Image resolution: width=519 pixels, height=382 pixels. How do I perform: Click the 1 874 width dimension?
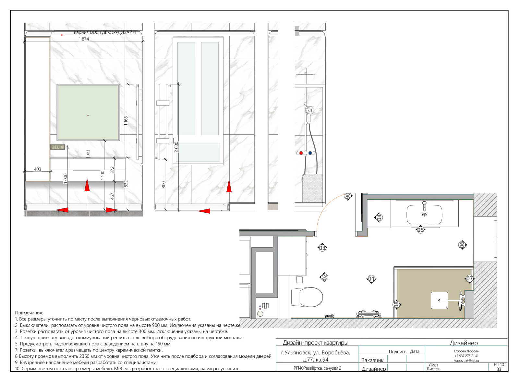click(84, 39)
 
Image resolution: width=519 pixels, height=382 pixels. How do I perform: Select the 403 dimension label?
click(38, 169)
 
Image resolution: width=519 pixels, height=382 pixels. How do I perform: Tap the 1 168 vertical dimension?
click(126, 121)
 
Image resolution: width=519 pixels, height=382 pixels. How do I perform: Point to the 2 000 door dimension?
click(176, 147)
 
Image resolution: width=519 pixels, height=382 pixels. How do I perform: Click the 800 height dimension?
click(164, 185)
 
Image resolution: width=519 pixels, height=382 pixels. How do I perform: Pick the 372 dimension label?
click(112, 170)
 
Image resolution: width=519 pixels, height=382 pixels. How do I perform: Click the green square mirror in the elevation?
click(88, 112)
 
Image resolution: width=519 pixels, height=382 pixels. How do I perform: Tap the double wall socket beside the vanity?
click(57, 147)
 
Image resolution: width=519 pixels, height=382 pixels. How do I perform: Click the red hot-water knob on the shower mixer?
click(301, 153)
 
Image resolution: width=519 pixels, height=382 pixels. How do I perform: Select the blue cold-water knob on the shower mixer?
click(310, 153)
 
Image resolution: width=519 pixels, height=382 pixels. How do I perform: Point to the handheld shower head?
click(309, 113)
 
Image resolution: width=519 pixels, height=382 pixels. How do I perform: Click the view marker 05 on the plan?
click(420, 230)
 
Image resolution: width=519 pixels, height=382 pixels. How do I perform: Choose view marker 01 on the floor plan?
click(371, 279)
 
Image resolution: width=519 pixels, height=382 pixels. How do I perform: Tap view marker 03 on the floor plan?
click(322, 248)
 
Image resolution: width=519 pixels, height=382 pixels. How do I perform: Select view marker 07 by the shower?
click(469, 279)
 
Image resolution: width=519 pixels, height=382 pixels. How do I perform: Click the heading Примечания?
click(29, 313)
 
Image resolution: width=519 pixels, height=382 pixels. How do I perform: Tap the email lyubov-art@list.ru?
click(466, 361)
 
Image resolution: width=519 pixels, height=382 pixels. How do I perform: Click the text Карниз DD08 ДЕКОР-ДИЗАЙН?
click(105, 33)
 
